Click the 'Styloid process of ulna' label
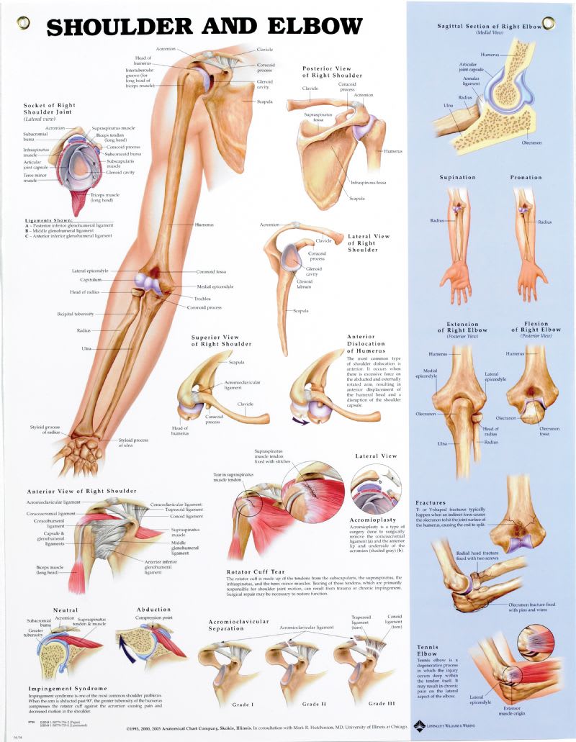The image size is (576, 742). pyautogui.click(x=134, y=443)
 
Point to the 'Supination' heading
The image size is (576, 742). pyautogui.click(x=458, y=177)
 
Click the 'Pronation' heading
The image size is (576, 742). pyautogui.click(x=526, y=177)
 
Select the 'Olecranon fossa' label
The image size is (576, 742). pyautogui.click(x=549, y=431)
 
